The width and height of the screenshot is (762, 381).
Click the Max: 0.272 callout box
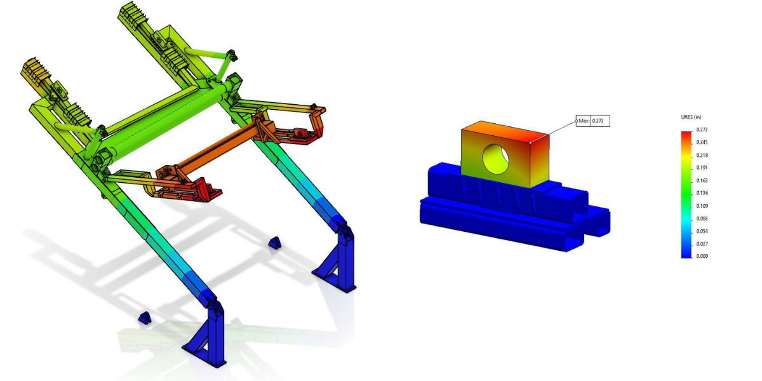(593, 121)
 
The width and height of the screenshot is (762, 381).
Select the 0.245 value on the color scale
(703, 142)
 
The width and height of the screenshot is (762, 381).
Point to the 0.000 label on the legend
(703, 257)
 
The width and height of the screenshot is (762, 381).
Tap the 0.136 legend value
(703, 193)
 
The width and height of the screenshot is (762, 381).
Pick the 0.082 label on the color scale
(703, 218)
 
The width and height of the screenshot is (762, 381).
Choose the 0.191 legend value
(703, 168)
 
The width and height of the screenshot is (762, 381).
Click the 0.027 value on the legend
(703, 244)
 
